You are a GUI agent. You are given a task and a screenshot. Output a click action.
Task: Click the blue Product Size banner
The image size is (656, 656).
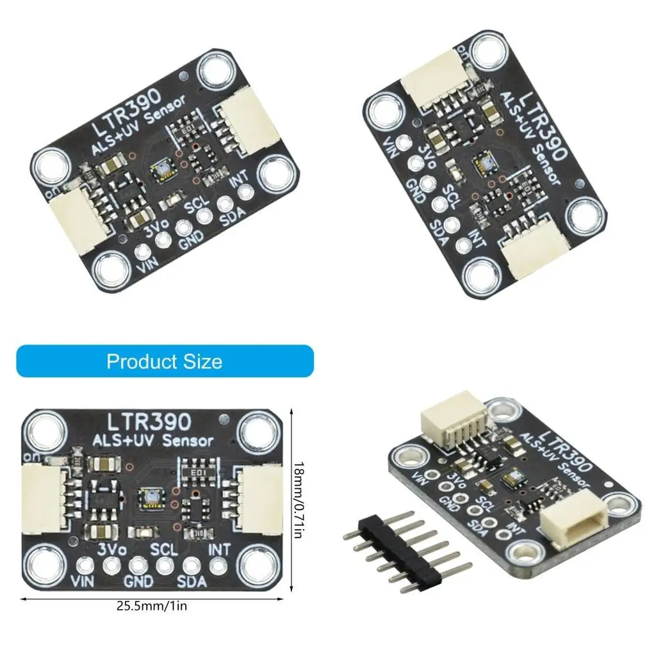165,361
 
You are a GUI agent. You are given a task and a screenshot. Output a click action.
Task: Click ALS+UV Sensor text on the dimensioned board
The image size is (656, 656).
154,441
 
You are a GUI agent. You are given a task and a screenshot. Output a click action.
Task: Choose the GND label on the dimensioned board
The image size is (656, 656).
138,582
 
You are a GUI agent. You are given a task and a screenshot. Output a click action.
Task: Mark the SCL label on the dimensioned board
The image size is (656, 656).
164,550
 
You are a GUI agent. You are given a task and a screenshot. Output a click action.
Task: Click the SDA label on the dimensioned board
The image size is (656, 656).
192,582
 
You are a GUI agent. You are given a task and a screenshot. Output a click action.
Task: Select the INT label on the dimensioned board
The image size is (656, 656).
218,550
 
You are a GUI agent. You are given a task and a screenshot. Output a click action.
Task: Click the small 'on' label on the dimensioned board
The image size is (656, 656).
31,456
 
